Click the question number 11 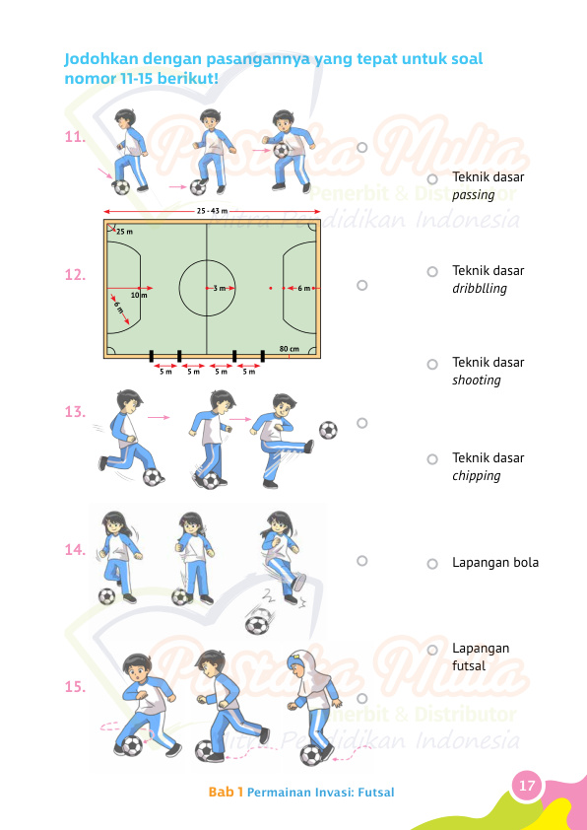74,138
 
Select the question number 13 75,413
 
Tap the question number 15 75,687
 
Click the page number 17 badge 527,786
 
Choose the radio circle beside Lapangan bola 431,564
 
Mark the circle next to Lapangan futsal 431,651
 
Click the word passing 473,195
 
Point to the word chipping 476,476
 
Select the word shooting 476,380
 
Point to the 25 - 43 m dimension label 212,211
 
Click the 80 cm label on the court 290,349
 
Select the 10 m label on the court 139,294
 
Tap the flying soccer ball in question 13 328,430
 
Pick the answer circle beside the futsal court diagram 361,285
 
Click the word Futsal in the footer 374,792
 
